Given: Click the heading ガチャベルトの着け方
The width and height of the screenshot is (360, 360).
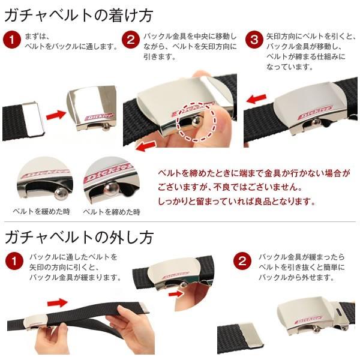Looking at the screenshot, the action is [79, 16].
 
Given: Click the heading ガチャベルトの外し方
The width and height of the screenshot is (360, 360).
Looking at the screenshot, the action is [79, 238].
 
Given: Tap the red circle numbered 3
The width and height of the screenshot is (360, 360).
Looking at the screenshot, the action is [254, 40].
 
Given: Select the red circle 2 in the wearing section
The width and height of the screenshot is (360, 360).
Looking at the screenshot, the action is [131, 40].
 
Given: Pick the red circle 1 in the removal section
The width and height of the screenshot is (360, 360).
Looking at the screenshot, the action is [14, 261].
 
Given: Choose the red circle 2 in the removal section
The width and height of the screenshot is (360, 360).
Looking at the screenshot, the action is [242, 261].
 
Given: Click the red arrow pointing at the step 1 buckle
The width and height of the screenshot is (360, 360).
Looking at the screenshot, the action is [56, 115].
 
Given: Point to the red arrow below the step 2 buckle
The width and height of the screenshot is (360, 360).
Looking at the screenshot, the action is [146, 146].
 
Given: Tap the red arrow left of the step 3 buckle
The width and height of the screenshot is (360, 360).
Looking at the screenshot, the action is [256, 99].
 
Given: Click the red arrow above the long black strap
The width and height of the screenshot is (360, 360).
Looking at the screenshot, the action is [58, 302].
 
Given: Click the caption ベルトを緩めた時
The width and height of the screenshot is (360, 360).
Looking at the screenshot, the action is [41, 211].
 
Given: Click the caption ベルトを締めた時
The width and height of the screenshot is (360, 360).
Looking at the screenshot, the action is [112, 212].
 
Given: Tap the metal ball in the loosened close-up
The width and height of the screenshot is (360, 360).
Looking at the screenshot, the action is [61, 193].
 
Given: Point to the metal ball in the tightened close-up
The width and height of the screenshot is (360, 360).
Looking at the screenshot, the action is [111, 188].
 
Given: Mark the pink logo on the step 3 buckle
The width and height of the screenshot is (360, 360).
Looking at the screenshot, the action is [315, 112].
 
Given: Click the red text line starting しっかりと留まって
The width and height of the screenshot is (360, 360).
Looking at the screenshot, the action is [236, 202].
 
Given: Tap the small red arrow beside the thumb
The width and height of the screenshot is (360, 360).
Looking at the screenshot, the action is [176, 294].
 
